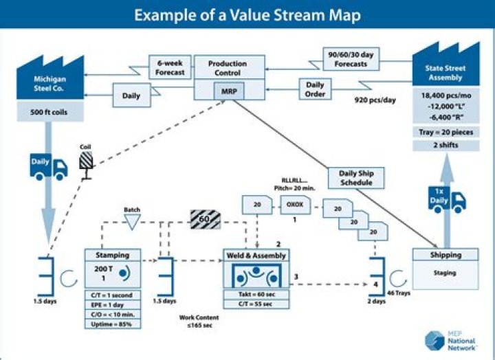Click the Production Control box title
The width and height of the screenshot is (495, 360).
(228, 68)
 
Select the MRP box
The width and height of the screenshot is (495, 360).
(228, 91)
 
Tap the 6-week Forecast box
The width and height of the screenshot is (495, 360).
(168, 68)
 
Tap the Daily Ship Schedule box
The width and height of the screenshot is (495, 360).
(357, 178)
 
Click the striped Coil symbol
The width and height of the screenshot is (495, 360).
(86, 161)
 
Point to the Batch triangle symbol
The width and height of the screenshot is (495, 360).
(131, 221)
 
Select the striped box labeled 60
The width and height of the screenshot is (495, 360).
(205, 220)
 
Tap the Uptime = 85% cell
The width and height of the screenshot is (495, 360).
(113, 323)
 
